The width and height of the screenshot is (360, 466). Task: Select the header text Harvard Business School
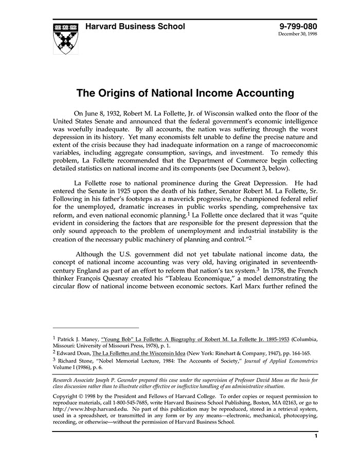(135, 27)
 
